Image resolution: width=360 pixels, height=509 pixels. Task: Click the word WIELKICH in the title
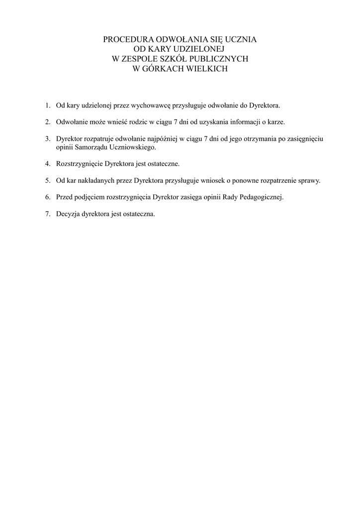[x=206, y=69]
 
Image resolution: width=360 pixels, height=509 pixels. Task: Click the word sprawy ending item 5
[x=309, y=180]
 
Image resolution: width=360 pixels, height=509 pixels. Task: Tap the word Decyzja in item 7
[x=68, y=214]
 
